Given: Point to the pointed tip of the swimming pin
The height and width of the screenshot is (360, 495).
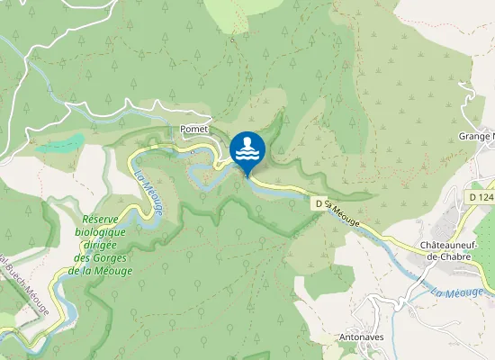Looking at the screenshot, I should click(x=247, y=175).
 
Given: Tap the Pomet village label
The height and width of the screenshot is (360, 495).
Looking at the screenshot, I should click(x=194, y=130).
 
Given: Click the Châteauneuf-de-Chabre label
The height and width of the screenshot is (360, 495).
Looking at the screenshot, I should click(x=454, y=250).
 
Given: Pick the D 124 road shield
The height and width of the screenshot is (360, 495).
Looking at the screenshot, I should click(x=481, y=196).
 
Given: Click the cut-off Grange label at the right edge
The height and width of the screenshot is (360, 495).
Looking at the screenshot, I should click(x=476, y=137).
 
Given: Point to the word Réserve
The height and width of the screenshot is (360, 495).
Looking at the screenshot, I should click(x=107, y=219).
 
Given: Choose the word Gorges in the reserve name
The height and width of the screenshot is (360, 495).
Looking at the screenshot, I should click(x=110, y=258).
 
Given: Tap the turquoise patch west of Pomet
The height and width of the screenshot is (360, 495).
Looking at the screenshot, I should click(x=62, y=143).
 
